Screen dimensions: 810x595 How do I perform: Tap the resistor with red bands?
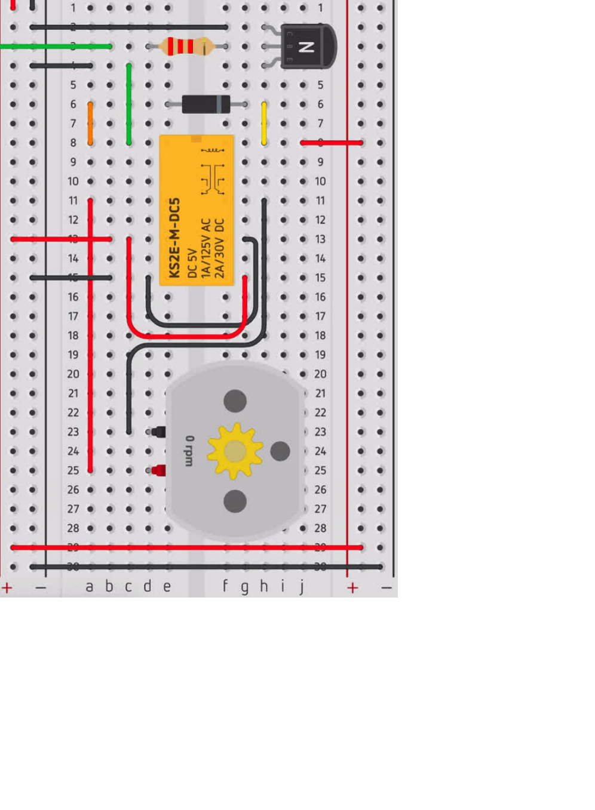(187, 47)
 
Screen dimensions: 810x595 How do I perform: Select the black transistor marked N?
(307, 47)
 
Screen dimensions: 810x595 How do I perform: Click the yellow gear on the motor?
(235, 451)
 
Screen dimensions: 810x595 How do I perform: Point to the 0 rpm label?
(189, 451)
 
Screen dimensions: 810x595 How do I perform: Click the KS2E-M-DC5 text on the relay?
(174, 238)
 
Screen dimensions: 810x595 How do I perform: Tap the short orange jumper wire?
(90, 124)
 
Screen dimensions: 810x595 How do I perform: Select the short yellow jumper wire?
(264, 124)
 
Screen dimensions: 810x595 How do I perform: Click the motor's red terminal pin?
(158, 470)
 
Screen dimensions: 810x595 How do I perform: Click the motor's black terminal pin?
(158, 432)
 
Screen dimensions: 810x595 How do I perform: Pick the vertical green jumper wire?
(129, 104)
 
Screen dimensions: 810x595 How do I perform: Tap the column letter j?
(302, 587)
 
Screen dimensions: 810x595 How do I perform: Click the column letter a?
(90, 587)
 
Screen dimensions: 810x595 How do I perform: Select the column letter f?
(225, 587)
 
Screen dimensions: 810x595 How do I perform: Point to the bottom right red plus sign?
(352, 588)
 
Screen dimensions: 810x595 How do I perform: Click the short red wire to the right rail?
(332, 143)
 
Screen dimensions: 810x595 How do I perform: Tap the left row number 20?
(73, 374)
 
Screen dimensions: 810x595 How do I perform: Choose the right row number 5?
(321, 85)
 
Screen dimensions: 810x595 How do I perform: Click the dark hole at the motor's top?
(235, 401)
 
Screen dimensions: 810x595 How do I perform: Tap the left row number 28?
(73, 528)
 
